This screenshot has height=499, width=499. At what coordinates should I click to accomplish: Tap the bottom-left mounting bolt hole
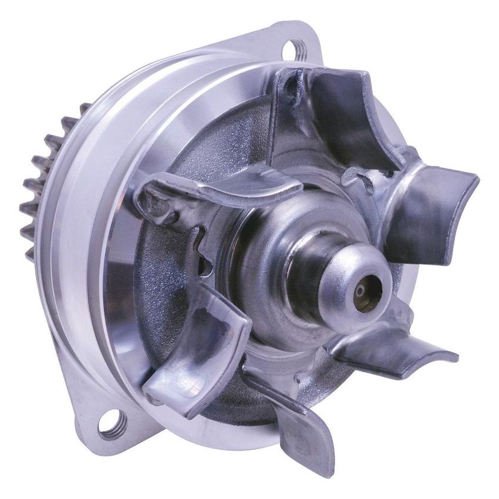112,423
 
